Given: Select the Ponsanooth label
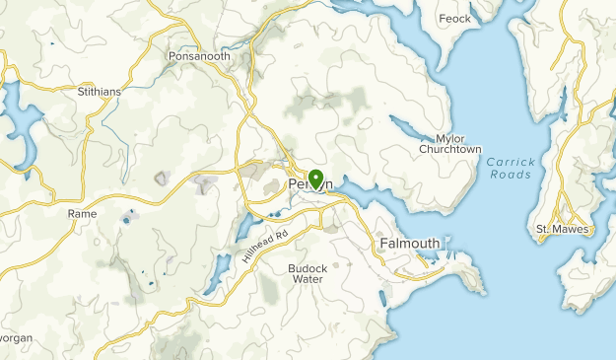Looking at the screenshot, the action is [x=199, y=56].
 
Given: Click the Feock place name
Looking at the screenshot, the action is [x=454, y=18].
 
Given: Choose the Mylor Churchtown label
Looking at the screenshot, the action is [x=449, y=144].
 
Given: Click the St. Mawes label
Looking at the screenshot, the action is [x=556, y=230].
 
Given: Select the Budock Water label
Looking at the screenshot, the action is [x=307, y=273].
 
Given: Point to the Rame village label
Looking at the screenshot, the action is [x=82, y=213].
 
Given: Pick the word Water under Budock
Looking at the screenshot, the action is [x=307, y=279].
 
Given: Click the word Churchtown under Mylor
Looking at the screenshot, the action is [x=449, y=150].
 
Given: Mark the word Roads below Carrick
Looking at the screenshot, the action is [x=510, y=175].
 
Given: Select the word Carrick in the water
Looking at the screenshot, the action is [x=510, y=161].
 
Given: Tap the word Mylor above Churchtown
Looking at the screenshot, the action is [x=449, y=138].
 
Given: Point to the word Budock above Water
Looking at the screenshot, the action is [x=307, y=267].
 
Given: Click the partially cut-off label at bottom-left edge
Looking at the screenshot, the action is [x=16, y=337].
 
